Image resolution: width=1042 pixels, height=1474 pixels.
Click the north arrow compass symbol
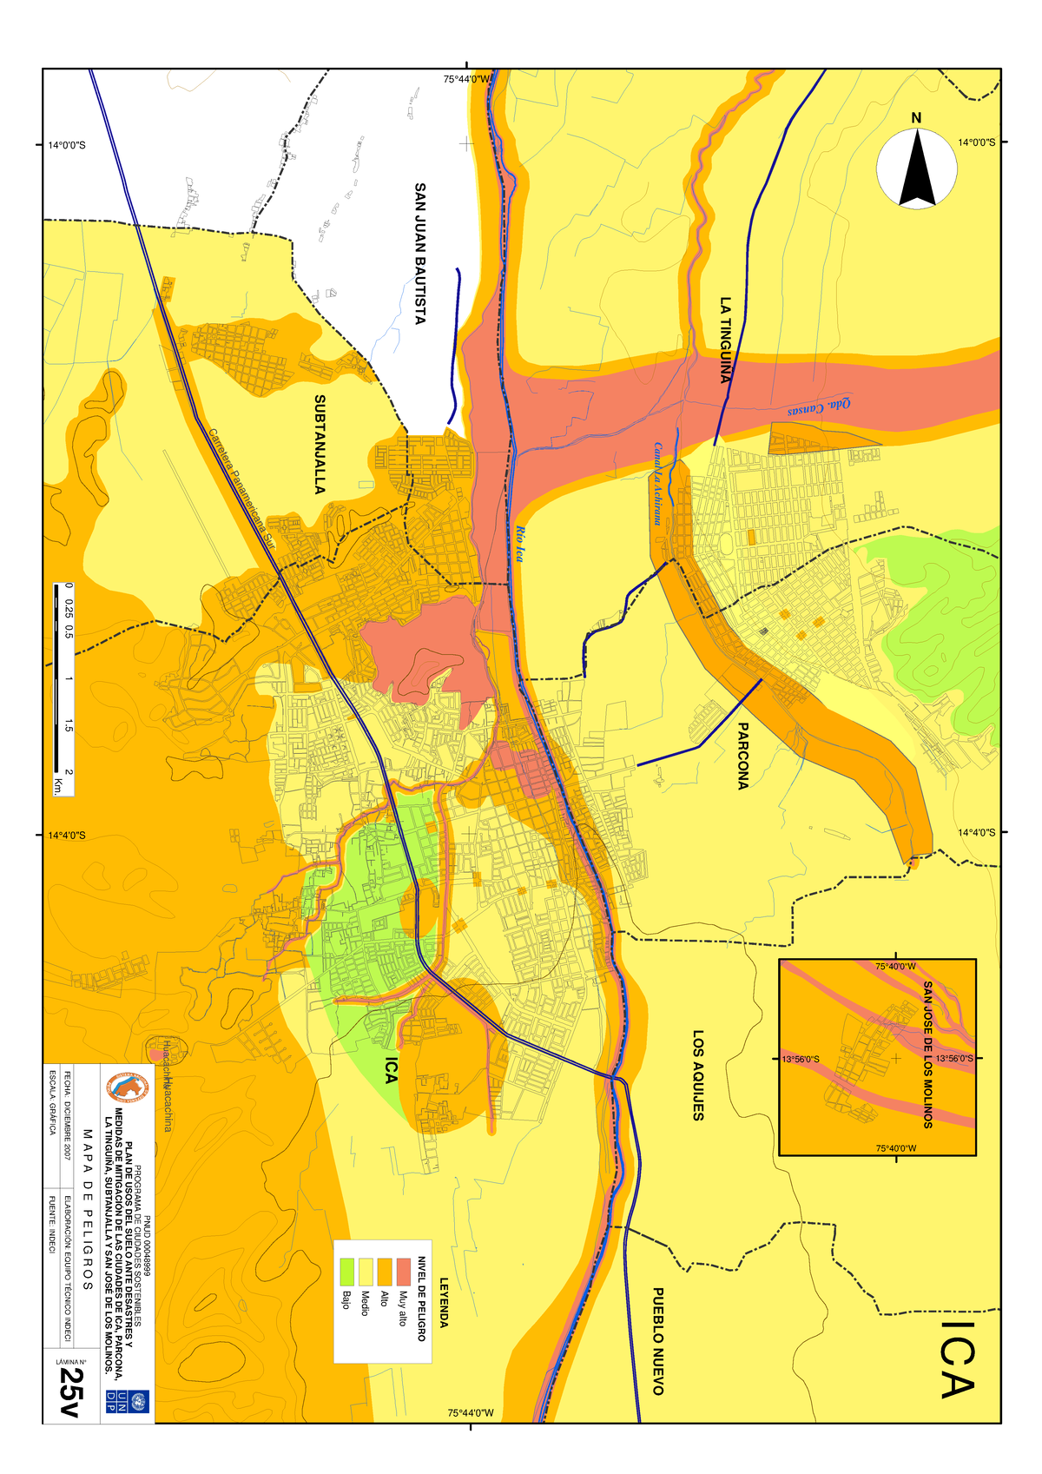[x=917, y=168]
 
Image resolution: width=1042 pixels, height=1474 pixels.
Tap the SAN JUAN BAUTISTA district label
[x=419, y=254]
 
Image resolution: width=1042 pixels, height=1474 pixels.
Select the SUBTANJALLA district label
[x=320, y=445]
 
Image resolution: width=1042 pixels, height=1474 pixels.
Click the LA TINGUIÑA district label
[x=725, y=340]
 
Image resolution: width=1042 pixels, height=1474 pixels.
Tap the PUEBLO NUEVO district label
[x=658, y=1341]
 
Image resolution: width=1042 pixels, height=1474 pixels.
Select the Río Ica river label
[x=519, y=545]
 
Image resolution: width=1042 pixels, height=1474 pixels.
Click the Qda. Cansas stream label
[x=819, y=407]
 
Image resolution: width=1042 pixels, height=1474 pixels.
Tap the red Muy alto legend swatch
[x=403, y=1272]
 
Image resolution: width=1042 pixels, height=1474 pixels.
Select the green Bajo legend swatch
[x=346, y=1272]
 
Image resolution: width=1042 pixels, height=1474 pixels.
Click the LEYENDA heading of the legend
[x=444, y=1302]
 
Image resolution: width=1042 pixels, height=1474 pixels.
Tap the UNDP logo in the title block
[x=115, y=1399]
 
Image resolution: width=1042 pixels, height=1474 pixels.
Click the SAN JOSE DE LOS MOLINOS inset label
[x=927, y=1054]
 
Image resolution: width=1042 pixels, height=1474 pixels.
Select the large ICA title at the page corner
[x=958, y=1360]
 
